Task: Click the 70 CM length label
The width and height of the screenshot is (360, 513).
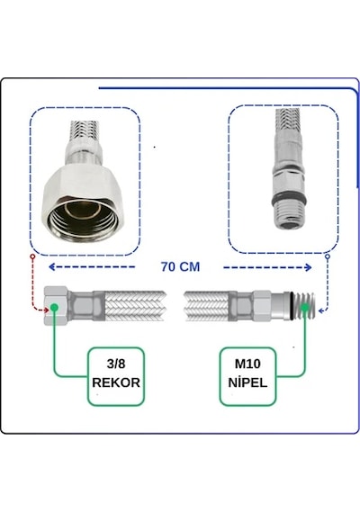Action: pos(180,266)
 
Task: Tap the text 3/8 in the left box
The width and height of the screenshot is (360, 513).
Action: pos(116,364)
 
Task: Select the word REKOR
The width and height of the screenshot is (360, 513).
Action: pos(116,382)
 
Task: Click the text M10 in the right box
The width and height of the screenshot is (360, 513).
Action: pos(247,364)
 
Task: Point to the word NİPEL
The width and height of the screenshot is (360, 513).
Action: pos(247,382)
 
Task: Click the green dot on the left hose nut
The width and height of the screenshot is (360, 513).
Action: pos(54,308)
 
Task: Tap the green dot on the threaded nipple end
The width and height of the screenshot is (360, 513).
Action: pos(305,308)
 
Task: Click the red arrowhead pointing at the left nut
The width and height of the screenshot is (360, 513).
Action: pos(47,310)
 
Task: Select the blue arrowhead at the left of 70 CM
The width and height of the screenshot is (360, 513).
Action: pos(51,267)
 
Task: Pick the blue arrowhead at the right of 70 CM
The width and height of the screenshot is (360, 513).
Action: pos(308,267)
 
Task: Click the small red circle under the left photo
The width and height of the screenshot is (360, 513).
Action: pos(32,256)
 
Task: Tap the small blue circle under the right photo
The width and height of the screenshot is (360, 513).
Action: pos(328,256)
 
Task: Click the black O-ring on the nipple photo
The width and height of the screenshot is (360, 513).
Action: pos(289,199)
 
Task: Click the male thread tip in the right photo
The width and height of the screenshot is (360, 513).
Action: pos(289,216)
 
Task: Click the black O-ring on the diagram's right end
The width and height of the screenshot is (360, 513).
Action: pos(292,306)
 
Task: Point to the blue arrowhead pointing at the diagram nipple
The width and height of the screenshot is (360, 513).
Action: pos(321,310)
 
